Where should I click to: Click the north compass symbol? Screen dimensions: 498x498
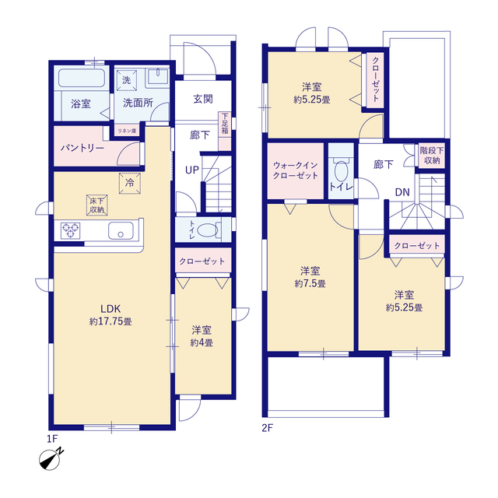point(51,459)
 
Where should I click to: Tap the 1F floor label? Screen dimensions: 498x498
point(52,439)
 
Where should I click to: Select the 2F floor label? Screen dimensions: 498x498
point(267,428)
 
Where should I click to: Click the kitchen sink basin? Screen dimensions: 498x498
point(121,230)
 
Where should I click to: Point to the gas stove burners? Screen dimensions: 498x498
point(70,230)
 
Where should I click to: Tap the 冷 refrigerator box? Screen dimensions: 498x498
point(130,183)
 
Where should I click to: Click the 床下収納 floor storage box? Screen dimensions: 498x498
point(96,205)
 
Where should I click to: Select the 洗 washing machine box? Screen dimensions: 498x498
point(126,80)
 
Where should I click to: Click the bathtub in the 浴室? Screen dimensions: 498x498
point(82,78)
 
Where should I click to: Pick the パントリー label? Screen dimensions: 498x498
point(82,148)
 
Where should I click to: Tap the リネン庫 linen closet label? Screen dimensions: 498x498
point(127,131)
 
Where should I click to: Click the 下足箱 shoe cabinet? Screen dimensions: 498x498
point(225,131)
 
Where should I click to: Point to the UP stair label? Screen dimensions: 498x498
point(192,170)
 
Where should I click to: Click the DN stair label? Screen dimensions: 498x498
point(402,192)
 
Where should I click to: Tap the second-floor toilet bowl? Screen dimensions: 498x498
point(342,171)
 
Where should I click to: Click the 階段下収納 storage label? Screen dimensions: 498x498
point(432,156)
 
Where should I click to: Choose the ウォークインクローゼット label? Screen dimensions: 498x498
point(296,170)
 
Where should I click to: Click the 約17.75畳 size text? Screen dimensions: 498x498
point(110,321)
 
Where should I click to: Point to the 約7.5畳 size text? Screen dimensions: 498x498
point(310,283)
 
